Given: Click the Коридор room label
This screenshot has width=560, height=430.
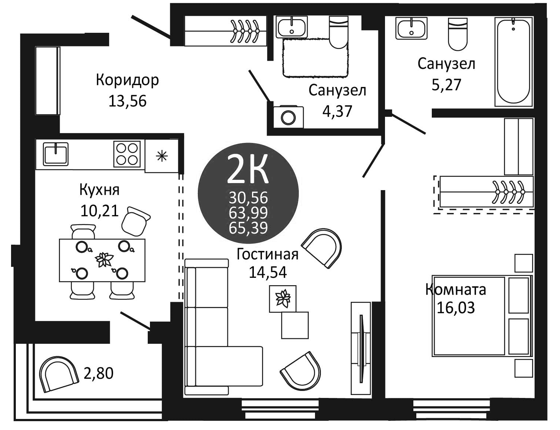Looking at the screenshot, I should click(x=127, y=80).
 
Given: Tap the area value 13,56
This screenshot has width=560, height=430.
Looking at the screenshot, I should click(x=127, y=101).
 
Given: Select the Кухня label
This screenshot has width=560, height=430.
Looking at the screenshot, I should click(x=99, y=190).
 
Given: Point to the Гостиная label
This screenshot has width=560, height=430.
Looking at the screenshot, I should click(x=267, y=254).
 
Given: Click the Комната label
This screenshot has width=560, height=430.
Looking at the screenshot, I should click(x=456, y=290).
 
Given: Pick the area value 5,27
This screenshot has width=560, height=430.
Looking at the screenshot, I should click(x=446, y=85).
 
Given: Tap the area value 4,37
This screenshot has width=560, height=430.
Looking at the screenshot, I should click(x=337, y=111).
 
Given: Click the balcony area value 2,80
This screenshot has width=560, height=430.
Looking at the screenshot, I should click(x=98, y=374).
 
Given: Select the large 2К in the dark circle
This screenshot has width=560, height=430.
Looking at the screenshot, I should click(x=248, y=169).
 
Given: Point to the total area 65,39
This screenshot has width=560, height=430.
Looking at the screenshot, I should click(x=248, y=228).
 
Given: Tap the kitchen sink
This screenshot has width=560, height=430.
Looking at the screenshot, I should click(x=56, y=154).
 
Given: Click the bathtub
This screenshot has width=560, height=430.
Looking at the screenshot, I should click(x=514, y=62).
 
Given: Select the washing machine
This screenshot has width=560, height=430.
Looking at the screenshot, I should click(x=288, y=117).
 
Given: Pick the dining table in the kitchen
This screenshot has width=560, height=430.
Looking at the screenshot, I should click(x=102, y=260).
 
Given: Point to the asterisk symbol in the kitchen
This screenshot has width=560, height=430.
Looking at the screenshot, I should click(x=162, y=157).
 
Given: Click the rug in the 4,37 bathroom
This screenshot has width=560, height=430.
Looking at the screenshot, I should click(x=315, y=58).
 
